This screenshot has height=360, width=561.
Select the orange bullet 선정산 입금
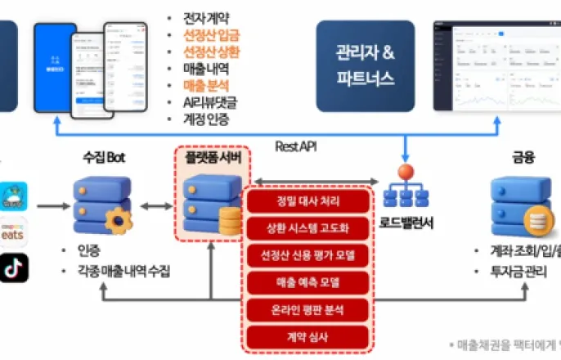(x=212, y=34)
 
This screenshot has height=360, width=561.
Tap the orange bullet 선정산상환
(x=212, y=52)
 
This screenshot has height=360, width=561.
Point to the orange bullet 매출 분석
(x=206, y=85)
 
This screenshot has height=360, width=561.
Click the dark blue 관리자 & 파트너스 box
(x=365, y=66)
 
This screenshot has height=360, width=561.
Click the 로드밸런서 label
(x=406, y=223)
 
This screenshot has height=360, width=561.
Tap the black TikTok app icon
(x=14, y=268)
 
